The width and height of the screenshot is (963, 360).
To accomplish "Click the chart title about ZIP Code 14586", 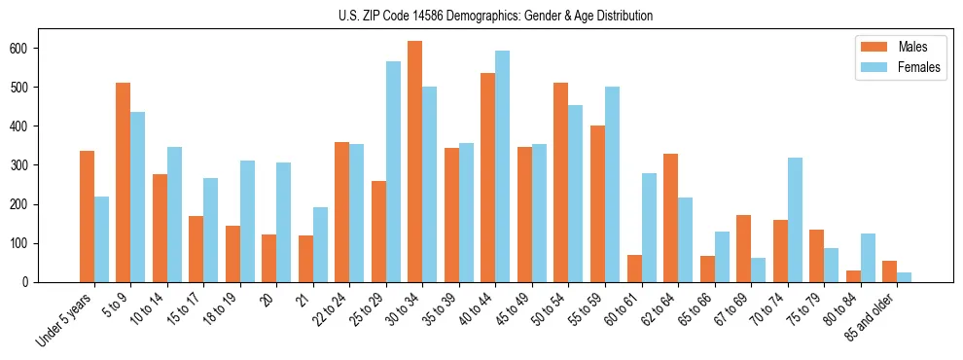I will pyautogui.click(x=481, y=16).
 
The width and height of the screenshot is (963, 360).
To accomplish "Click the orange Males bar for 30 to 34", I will pyautogui.click(x=415, y=162).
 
